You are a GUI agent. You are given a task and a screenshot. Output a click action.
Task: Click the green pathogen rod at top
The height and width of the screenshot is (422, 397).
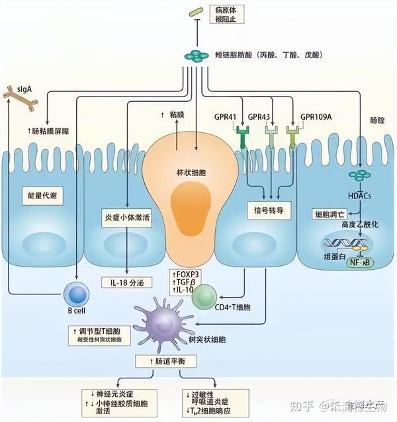click(x=196, y=12)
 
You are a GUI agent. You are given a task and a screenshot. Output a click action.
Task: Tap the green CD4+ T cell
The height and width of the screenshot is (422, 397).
click(x=206, y=296)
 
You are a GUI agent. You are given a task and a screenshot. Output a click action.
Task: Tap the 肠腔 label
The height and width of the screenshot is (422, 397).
click(x=376, y=122)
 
